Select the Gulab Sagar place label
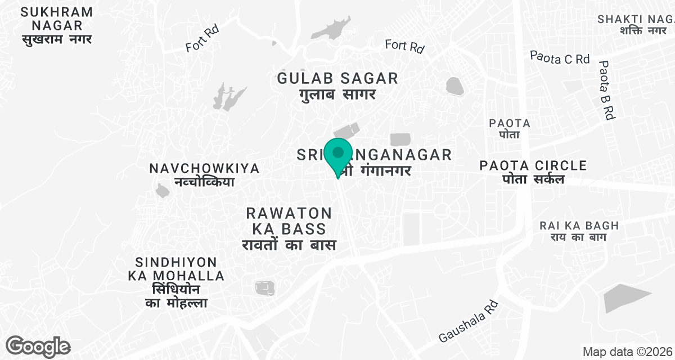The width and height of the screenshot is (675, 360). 337,85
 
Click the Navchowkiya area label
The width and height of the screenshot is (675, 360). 204,175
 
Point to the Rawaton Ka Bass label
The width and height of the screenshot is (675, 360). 289,229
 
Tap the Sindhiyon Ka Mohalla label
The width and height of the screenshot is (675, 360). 176,282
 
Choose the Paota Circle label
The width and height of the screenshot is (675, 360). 533,172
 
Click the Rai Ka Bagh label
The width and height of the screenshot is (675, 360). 578,231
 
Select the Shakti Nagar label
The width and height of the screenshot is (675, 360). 636,25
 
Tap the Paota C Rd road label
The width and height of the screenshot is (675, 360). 560,57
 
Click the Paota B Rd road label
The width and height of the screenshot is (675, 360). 606,89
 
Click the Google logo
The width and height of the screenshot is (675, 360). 38,346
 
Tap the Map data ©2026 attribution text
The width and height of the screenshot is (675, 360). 627,352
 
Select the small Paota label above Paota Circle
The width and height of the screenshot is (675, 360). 510,128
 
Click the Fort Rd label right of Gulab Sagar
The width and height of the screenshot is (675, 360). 404,46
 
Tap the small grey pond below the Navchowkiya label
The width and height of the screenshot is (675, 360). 163,191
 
